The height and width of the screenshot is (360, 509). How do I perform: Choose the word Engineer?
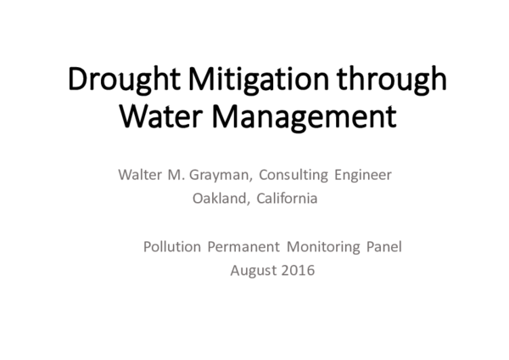[364, 177]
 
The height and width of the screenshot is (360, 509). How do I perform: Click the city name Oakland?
[220, 200]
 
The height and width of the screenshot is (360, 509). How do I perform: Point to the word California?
[285, 200]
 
